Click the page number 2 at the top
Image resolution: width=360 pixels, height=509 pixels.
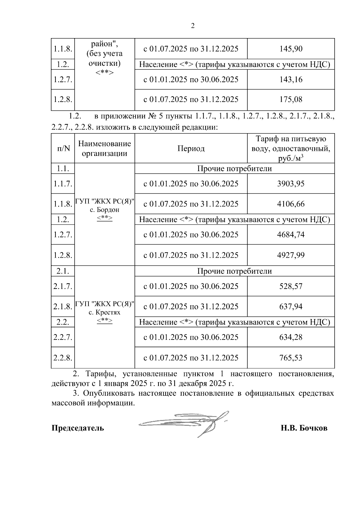tap(193, 26)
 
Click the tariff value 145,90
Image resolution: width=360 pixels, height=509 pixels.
tap(291, 49)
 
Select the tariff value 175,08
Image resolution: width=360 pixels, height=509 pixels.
tap(291, 99)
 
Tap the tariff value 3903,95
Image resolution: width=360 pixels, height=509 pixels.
tap(291, 184)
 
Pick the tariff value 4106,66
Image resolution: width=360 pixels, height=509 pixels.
tap(291, 204)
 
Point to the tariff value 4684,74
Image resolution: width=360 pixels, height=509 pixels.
tap(291, 234)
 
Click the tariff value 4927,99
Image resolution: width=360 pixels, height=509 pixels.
tap(291, 255)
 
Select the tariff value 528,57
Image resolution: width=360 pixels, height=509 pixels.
tap(291, 286)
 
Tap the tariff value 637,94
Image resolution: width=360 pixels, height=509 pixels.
tap(291, 307)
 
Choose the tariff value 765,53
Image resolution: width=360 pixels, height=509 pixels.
tap(291, 358)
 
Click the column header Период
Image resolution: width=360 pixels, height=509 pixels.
tap(191, 148)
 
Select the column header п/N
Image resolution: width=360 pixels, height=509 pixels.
tap(63, 148)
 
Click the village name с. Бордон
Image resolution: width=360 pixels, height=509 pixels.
tap(104, 210)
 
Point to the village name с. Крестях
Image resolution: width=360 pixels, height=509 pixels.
tap(104, 313)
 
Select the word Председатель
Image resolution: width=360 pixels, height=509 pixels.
tap(78, 428)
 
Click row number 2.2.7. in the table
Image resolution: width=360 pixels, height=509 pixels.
tap(63, 337)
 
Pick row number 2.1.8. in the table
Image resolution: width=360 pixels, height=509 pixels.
tap(63, 307)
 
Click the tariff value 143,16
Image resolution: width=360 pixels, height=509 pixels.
tap(291, 79)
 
